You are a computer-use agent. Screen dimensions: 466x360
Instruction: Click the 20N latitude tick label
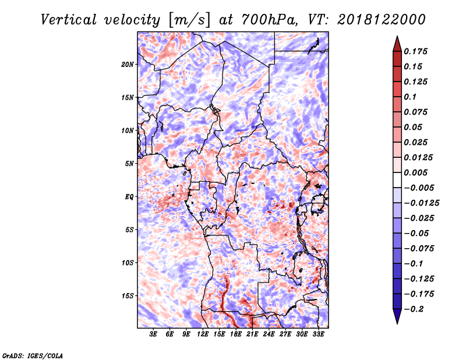point(128,65)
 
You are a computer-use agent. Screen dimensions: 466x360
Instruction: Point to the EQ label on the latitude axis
point(129,197)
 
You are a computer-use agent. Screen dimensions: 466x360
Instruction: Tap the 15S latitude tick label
point(128,296)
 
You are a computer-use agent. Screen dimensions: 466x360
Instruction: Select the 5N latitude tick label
point(129,164)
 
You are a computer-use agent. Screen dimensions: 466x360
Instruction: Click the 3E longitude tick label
point(153,334)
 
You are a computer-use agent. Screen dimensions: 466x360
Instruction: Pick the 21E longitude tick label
point(252,334)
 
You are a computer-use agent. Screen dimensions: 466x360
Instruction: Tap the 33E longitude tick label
point(318,334)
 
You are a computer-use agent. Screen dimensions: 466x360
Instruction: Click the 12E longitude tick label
point(202,334)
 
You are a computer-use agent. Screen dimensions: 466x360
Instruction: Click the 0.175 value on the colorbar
point(415,51)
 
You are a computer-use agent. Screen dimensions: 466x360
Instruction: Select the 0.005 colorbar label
point(415,172)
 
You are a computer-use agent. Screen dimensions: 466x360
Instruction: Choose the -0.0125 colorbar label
point(421,203)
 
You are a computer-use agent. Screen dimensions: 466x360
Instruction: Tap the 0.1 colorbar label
point(410,97)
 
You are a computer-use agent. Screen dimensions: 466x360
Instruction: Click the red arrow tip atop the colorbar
point(397,36)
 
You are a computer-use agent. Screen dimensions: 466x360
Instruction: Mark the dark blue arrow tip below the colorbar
point(397,323)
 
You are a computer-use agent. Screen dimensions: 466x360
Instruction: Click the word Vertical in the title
point(69,20)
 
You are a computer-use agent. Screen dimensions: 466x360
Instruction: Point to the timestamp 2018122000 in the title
point(382,20)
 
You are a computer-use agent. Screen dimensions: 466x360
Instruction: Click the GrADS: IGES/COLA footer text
point(33,355)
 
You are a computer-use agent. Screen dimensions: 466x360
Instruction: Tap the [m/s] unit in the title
point(189,20)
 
